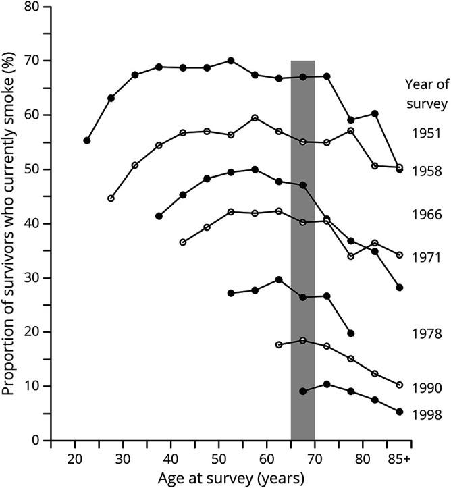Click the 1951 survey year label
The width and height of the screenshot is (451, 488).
pos(426,133)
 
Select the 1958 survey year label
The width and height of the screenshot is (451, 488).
pos(426,171)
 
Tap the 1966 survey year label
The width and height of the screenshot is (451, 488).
pos(426,215)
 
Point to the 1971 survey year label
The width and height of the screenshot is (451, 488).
pos(426,257)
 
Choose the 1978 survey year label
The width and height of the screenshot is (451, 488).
pos(426,333)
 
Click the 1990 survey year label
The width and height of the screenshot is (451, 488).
pos(426,388)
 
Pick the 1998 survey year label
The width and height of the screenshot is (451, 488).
pos(426,415)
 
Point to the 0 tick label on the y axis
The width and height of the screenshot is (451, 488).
pos(35,441)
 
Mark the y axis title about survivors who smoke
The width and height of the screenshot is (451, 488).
pos(11,223)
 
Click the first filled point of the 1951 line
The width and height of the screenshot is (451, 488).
pos(87,140)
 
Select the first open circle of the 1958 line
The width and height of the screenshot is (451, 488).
pos(111,198)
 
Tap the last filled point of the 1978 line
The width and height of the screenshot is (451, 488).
pos(351,333)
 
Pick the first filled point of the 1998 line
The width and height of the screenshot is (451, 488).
pos(302,391)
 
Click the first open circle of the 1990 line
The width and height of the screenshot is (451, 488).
pos(279,344)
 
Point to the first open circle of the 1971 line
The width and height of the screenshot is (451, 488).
pos(183,242)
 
